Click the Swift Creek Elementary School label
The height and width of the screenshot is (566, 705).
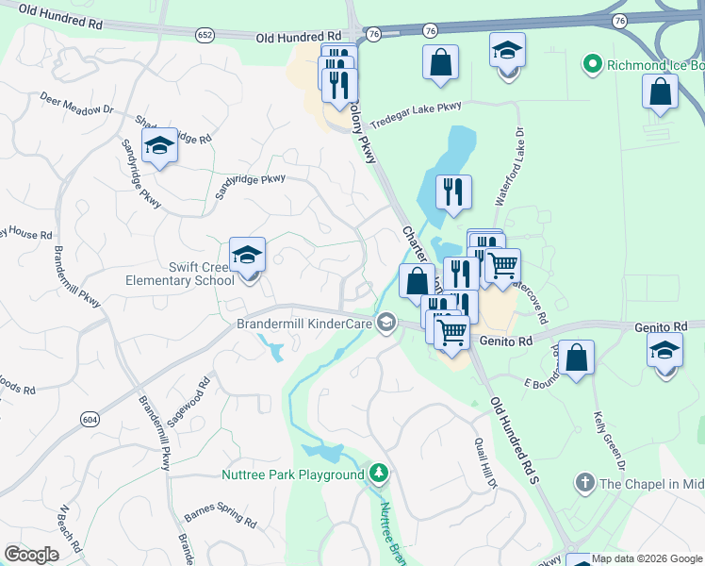click(180, 274)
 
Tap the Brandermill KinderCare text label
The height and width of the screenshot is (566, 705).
click(304, 324)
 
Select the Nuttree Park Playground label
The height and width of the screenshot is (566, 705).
click(292, 474)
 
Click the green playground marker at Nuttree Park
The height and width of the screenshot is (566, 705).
click(379, 471)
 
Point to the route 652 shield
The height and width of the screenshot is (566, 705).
click(205, 35)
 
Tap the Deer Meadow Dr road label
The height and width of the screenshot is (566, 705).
click(76, 103)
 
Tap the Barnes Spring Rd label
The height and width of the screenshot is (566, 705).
click(221, 516)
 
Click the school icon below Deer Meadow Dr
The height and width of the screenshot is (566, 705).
click(159, 147)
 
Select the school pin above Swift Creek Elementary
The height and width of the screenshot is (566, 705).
click(247, 256)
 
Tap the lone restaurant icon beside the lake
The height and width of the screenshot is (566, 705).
click(454, 191)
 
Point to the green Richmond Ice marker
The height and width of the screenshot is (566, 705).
click(592, 65)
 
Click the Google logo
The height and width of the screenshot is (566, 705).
click(32, 555)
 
